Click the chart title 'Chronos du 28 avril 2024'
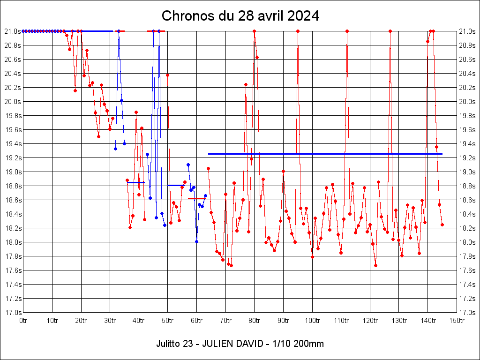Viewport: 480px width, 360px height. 240,16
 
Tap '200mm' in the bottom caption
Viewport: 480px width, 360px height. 307,344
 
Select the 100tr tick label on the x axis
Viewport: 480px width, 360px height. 312,320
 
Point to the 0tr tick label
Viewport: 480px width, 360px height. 23,320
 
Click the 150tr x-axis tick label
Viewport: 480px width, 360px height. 457,320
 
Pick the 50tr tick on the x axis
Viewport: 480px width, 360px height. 168,320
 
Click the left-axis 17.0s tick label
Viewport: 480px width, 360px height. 12,312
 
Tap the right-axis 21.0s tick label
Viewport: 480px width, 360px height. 468,31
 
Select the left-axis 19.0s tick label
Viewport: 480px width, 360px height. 12,172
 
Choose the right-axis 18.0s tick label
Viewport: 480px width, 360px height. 468,242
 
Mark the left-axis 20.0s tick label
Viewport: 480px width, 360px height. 12,101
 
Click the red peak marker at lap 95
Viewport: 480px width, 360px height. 298,31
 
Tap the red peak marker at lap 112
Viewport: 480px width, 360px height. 347,31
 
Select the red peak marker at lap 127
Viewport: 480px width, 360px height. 390,31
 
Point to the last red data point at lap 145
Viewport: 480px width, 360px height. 442,225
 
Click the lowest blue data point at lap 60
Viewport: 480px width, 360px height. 196,241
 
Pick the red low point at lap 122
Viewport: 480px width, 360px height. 375,265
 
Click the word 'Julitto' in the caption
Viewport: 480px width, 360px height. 167,344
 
